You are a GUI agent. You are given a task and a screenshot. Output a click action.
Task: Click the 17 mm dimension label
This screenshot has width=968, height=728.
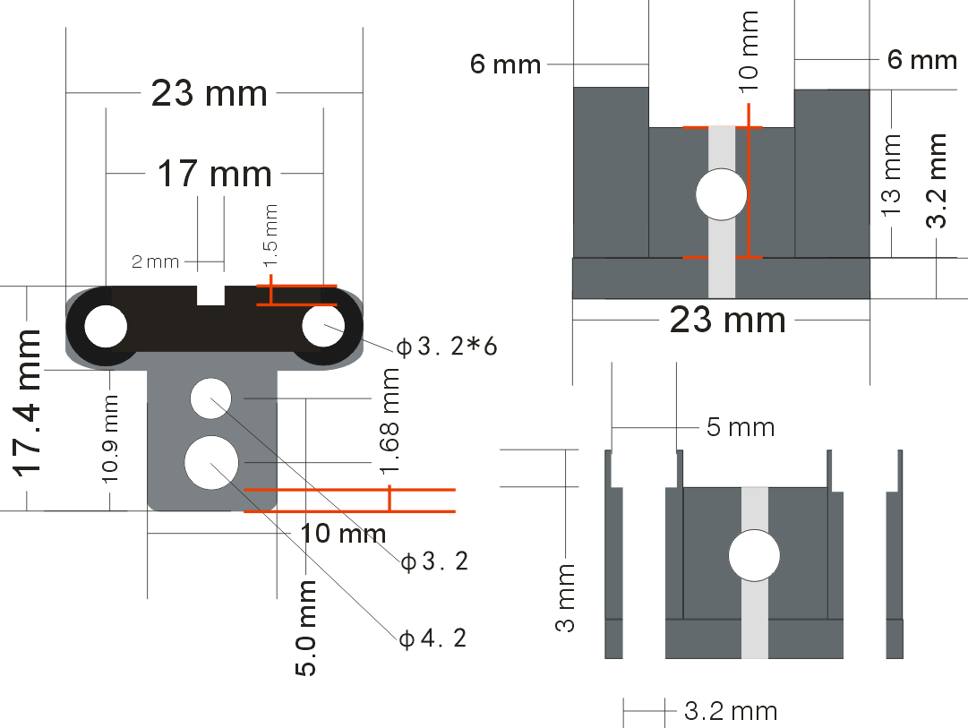click(214, 174)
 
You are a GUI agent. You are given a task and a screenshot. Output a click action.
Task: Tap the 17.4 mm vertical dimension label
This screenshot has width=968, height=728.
click(27, 403)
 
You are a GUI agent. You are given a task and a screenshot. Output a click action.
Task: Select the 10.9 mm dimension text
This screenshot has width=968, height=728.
click(110, 439)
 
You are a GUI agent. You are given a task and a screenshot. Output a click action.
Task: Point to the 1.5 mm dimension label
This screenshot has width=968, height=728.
click(270, 236)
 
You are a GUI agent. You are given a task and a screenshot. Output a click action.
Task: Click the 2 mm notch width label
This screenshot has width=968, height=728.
click(155, 261)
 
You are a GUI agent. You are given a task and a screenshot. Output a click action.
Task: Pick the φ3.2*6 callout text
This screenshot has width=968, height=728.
click(446, 347)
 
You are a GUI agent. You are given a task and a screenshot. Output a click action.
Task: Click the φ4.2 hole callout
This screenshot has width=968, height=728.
click(433, 638)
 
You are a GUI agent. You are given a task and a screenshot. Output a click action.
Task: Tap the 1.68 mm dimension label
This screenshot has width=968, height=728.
click(390, 421)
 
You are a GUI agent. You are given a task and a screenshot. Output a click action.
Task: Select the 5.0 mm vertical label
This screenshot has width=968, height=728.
click(305, 628)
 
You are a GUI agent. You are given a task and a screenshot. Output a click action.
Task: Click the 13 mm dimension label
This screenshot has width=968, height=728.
click(892, 176)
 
